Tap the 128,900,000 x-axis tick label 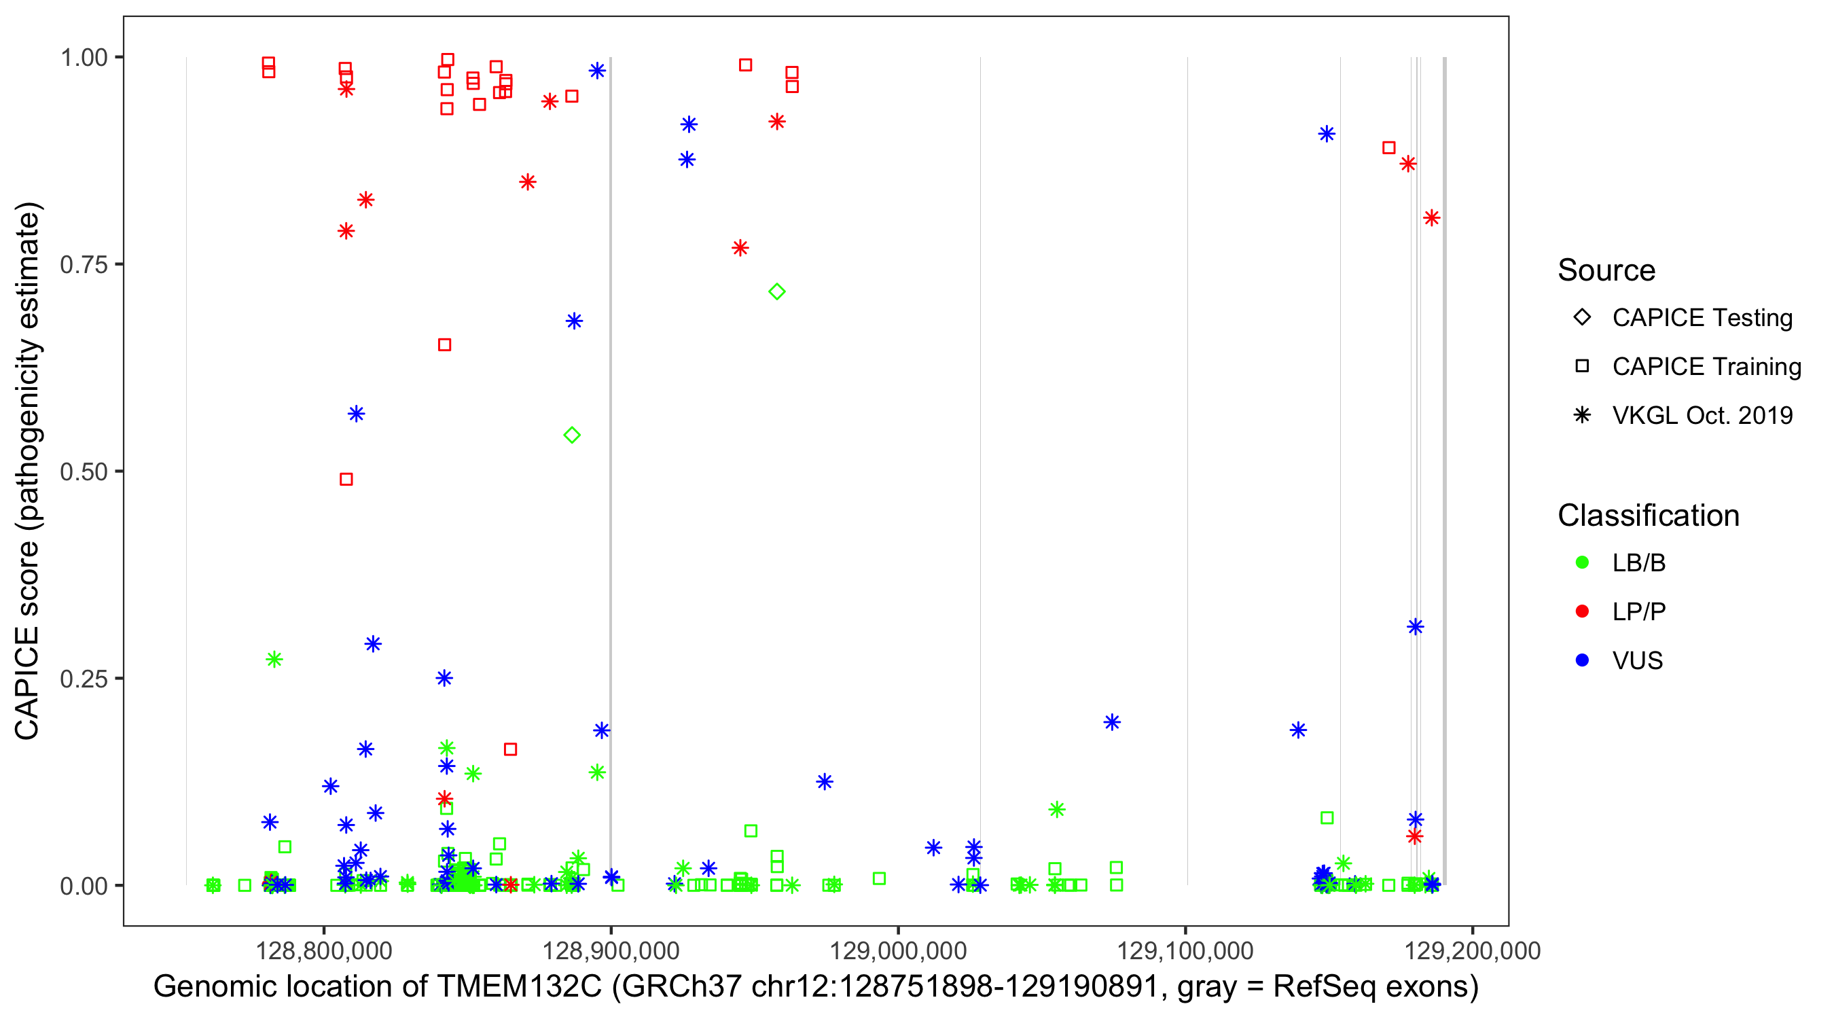610,950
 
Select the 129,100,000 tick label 1185,950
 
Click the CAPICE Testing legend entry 1702,318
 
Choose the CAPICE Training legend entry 1706,367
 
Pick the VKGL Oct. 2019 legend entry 1702,415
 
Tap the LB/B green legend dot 1582,562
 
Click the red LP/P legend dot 1582,611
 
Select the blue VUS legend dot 1582,660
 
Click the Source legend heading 1606,270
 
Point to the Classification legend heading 1648,516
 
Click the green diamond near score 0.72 777,291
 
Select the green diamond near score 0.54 572,435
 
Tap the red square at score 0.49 346,479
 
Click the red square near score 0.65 444,344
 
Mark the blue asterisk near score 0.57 356,414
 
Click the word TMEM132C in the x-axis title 519,987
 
